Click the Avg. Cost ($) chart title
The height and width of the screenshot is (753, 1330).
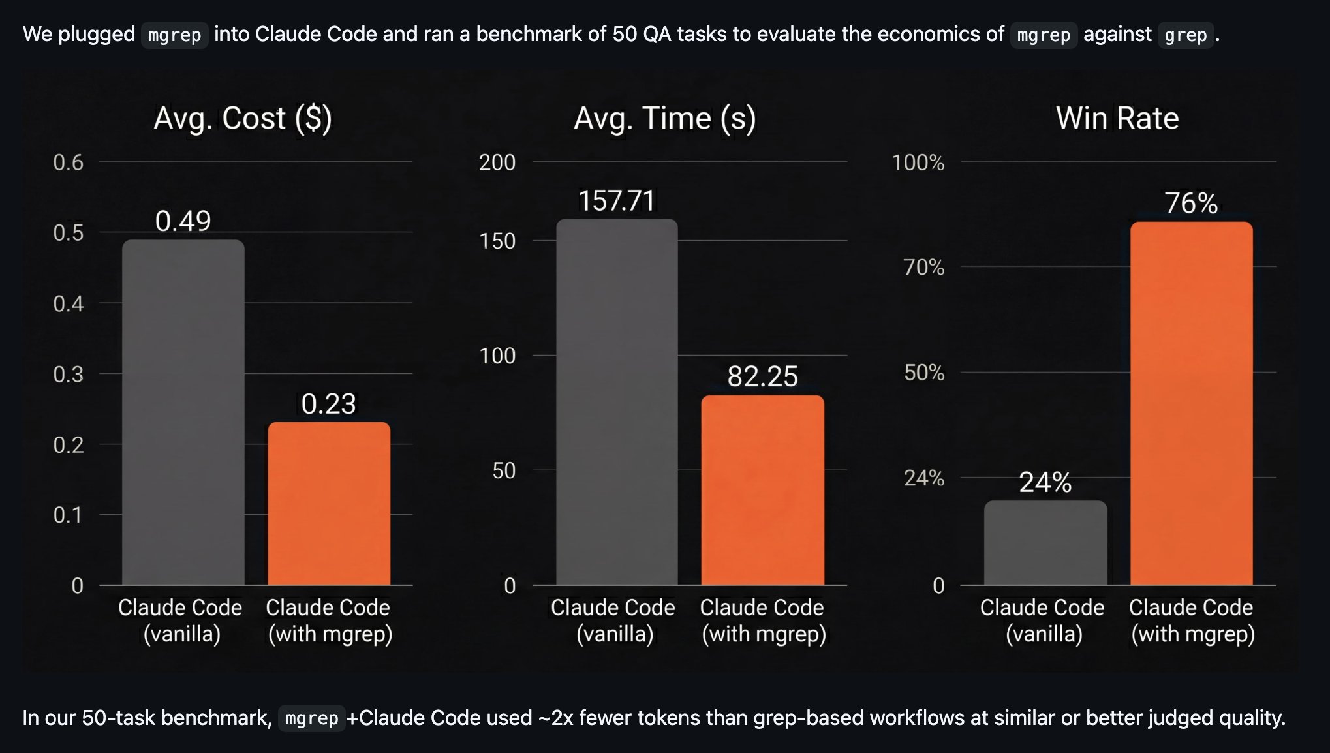243,119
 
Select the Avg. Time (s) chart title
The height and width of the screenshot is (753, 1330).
664,119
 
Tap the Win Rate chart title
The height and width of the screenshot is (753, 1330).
1117,119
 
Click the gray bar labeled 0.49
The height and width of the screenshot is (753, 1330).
183,411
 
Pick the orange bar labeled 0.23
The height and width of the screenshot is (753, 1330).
329,502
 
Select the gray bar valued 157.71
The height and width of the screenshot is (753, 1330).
617,401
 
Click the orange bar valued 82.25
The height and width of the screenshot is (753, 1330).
762,489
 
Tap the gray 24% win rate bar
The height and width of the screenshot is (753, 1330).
1045,542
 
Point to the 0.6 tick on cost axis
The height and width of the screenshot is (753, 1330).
69,162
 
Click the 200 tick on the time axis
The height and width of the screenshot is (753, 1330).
497,162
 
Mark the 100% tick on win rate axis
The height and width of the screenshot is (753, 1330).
918,162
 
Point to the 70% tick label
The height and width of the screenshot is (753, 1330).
924,267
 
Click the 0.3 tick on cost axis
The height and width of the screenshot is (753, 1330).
69,375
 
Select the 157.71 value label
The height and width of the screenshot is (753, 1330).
617,200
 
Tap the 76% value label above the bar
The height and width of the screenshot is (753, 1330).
1191,204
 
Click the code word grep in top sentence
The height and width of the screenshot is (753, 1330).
1185,35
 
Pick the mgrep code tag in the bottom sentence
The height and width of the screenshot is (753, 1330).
311,718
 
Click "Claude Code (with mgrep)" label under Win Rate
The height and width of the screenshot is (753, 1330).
1192,621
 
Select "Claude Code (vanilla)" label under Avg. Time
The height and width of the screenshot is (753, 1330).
613,621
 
